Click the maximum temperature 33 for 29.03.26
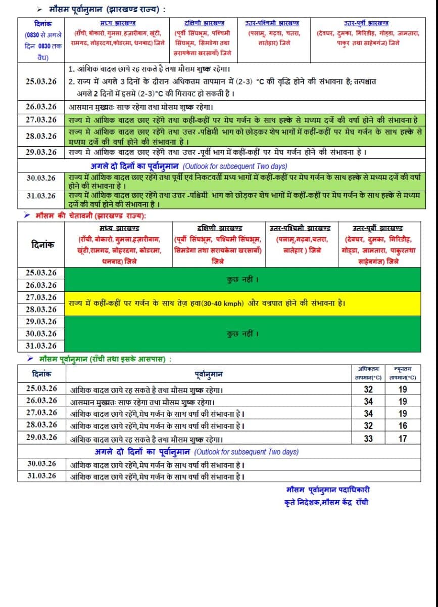tap(368, 439)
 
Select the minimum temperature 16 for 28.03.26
tap(402, 426)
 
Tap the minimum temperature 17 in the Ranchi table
tap(402, 439)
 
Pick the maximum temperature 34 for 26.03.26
tap(368, 401)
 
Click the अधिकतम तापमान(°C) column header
tap(368, 373)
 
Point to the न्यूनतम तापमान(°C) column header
tap(402, 373)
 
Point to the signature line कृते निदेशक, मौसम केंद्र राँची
tap(326, 502)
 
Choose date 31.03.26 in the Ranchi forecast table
tap(42, 476)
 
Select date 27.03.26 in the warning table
tap(41, 297)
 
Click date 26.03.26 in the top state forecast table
tap(41, 107)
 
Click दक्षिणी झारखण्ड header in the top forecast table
tap(204, 23)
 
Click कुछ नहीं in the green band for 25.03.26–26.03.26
tap(242, 279)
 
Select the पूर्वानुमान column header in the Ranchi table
tap(209, 374)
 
